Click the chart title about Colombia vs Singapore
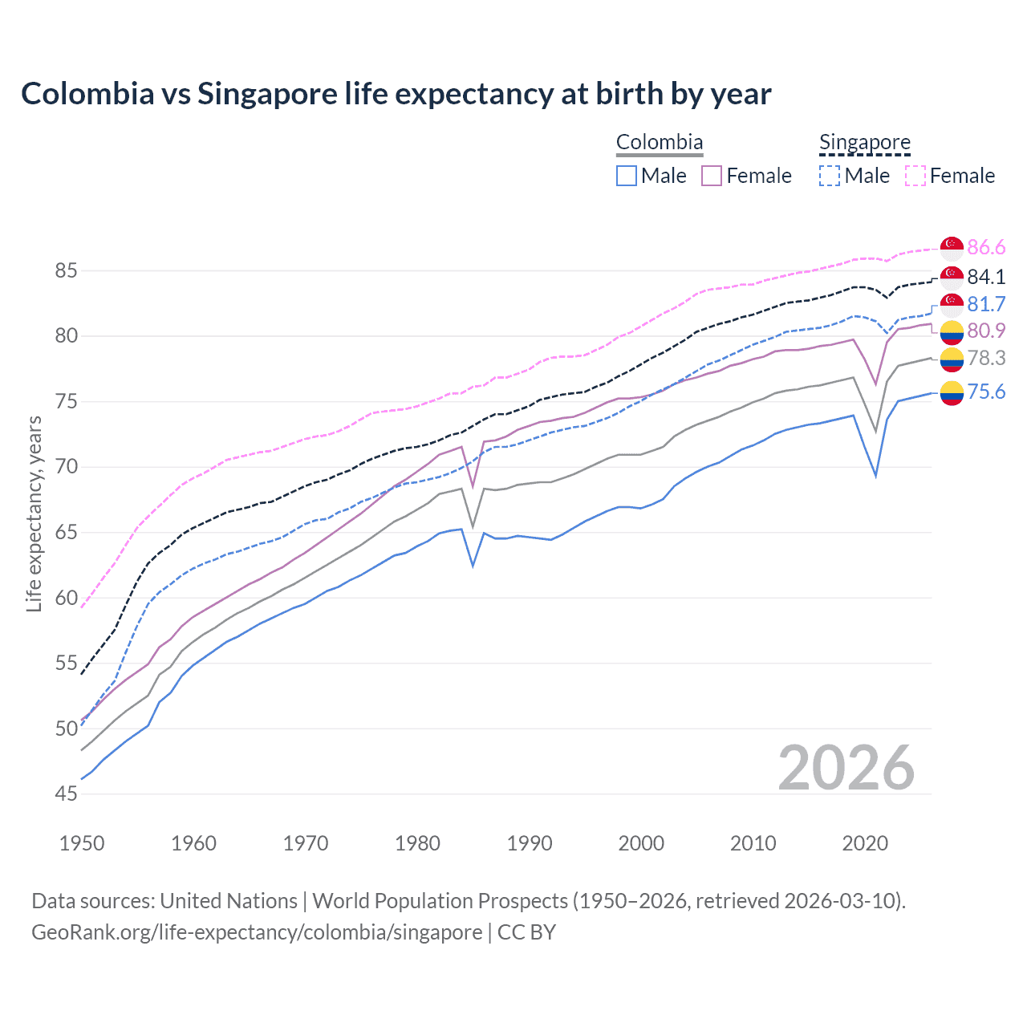pyautogui.click(x=396, y=94)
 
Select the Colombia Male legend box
pyautogui.click(x=627, y=176)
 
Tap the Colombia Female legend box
pyautogui.click(x=712, y=176)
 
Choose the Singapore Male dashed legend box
pyautogui.click(x=830, y=176)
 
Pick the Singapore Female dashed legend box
pyautogui.click(x=915, y=176)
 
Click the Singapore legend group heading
pyautogui.click(x=864, y=143)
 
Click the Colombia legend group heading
pyautogui.click(x=659, y=143)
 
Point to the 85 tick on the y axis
pyautogui.click(x=66, y=271)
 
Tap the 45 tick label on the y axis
pyautogui.click(x=66, y=794)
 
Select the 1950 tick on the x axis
pyautogui.click(x=82, y=843)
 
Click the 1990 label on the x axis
pyautogui.click(x=530, y=843)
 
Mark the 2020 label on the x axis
pyautogui.click(x=865, y=843)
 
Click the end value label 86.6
pyautogui.click(x=986, y=247)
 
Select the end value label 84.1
pyautogui.click(x=986, y=277)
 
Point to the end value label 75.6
pyautogui.click(x=986, y=392)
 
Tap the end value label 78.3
pyautogui.click(x=986, y=358)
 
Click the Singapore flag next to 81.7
pyautogui.click(x=952, y=305)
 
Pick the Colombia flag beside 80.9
pyautogui.click(x=952, y=331)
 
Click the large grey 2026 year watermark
pyautogui.click(x=846, y=768)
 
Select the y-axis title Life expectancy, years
pyautogui.click(x=34, y=513)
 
